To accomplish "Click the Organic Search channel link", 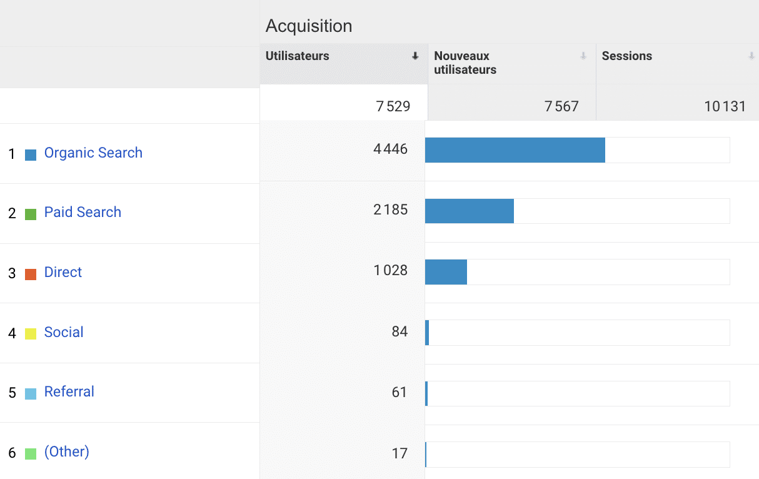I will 93,153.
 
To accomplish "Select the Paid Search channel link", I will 83,213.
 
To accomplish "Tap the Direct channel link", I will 63,273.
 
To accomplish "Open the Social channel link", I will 64,333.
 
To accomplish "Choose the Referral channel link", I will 69,392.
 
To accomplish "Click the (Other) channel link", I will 67,451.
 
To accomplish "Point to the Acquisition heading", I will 309,26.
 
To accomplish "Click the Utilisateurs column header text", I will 298,56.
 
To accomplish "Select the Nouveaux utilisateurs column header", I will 465,63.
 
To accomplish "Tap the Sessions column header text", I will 627,56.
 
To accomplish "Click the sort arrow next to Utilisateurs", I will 415,56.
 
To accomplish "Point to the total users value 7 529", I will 393,106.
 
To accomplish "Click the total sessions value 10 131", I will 725,106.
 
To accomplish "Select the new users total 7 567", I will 561,106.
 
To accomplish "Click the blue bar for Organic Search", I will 515,150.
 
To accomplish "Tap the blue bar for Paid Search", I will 469,211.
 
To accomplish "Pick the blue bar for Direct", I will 446,272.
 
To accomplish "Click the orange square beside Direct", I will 31,274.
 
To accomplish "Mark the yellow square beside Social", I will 31,334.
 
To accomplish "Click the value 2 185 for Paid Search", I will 391,210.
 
